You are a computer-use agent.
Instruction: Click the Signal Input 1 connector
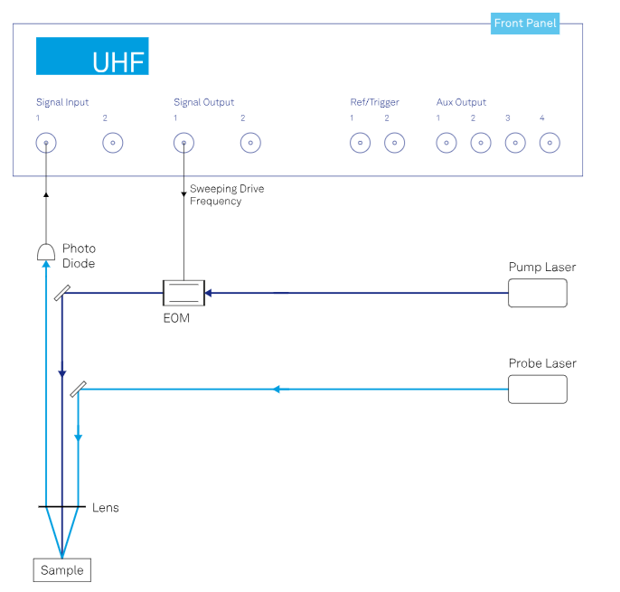pos(45,143)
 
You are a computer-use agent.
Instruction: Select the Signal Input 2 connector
pos(112,143)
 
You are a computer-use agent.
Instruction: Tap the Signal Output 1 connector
pos(183,143)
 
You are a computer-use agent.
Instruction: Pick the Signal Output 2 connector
pos(250,143)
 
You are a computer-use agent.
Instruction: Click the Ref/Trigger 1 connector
pos(361,143)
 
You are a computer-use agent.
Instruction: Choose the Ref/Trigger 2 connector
pos(394,143)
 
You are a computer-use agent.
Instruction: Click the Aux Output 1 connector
pos(446,143)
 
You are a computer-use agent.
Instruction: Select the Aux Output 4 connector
pos(549,143)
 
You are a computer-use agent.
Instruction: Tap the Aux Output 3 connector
pos(514,143)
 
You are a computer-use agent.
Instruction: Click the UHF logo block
pos(92,56)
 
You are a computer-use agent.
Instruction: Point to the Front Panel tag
pos(525,23)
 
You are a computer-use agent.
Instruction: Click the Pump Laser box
pos(538,293)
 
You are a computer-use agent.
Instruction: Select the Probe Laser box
pos(538,389)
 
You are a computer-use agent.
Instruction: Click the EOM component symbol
pos(183,293)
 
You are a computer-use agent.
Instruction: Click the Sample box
pos(62,570)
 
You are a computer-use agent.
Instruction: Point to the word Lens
pos(106,508)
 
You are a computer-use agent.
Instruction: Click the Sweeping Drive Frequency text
pos(226,195)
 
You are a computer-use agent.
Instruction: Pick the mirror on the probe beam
pos(79,388)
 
